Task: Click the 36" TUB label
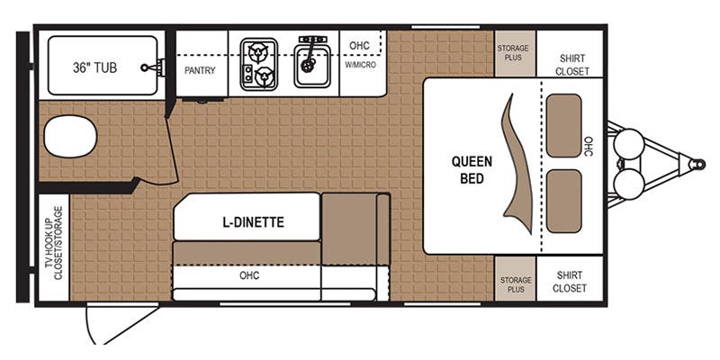[x=94, y=67]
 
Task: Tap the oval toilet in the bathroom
[x=70, y=137]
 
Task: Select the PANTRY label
[x=200, y=71]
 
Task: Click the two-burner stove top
[x=258, y=64]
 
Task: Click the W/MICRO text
[x=361, y=65]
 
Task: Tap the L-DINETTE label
[x=254, y=222]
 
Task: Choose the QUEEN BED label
[x=472, y=170]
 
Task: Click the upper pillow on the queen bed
[x=564, y=125]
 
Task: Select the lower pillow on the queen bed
[x=564, y=201]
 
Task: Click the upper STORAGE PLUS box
[x=515, y=53]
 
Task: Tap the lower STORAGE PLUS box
[x=515, y=279]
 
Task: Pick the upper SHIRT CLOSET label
[x=572, y=65]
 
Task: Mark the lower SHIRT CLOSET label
[x=570, y=282]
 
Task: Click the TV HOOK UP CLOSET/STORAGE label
[x=54, y=243]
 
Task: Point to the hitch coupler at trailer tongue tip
[x=697, y=164]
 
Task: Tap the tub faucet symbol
[x=154, y=67]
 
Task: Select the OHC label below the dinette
[x=249, y=275]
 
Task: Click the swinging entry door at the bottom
[x=121, y=324]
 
